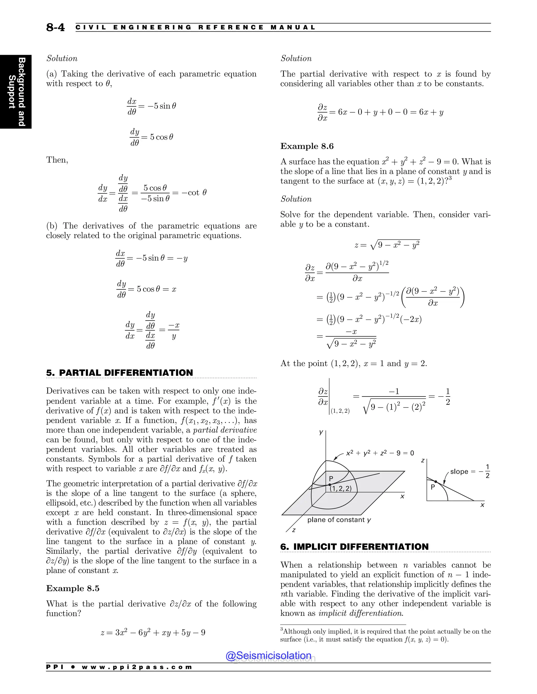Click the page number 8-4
pyautogui.click(x=55, y=27)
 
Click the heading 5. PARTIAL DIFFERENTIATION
pyautogui.click(x=119, y=373)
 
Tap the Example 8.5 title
pyautogui.click(x=73, y=588)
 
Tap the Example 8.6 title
pyautogui.click(x=307, y=146)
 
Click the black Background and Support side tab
pyautogui.click(x=16, y=91)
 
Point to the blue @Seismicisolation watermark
pyautogui.click(x=268, y=655)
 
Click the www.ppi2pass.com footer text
pyautogui.click(x=137, y=667)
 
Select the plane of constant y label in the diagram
pyautogui.click(x=339, y=520)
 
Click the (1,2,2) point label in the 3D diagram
pyautogui.click(x=340, y=488)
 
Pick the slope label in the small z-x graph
pyautogui.click(x=470, y=472)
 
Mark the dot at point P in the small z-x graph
pyautogui.click(x=436, y=482)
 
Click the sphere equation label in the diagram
pyautogui.click(x=380, y=453)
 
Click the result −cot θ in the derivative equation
pyautogui.click(x=194, y=192)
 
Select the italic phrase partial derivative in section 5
pyautogui.click(x=225, y=430)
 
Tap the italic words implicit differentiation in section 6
pyautogui.click(x=361, y=613)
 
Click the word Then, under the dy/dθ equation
pyautogui.click(x=57, y=159)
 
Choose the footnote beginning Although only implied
pyautogui.click(x=385, y=635)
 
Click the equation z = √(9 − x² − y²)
pyautogui.click(x=387, y=245)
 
